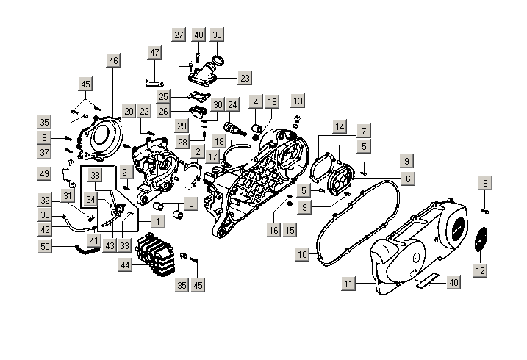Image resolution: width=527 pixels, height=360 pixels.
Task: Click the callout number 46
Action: [x=112, y=61]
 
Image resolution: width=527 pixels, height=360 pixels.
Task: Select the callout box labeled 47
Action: [x=154, y=52]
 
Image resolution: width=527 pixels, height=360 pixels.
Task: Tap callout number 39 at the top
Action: [x=217, y=35]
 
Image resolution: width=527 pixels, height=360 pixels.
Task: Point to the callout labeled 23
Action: [x=245, y=78]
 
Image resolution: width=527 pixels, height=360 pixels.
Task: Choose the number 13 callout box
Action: [x=298, y=100]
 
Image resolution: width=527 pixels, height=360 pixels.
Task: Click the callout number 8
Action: [x=485, y=182]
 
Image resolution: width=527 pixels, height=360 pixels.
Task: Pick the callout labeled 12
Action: [x=479, y=271]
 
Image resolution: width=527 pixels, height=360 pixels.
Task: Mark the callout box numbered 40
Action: [x=453, y=282]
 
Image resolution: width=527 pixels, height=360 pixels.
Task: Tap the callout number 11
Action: [x=348, y=283]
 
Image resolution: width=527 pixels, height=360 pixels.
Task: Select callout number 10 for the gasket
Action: [x=302, y=255]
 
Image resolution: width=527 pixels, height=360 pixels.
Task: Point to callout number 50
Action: [x=46, y=248]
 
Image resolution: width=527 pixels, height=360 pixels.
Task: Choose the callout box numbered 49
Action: [x=46, y=173]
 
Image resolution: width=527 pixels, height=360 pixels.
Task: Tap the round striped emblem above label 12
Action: [x=482, y=242]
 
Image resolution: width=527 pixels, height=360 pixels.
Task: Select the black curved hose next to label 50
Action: [x=89, y=249]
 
